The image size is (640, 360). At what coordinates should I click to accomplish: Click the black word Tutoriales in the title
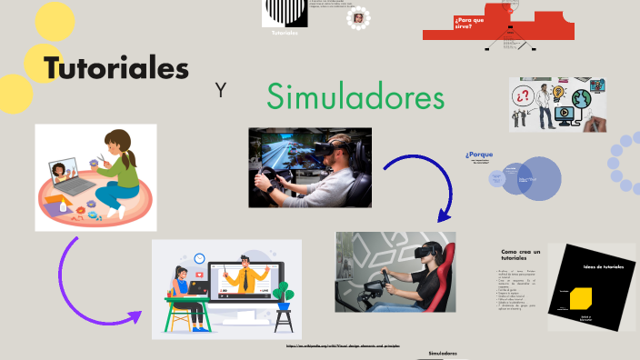tap(116, 68)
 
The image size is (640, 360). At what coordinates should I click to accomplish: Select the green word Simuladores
tap(355, 96)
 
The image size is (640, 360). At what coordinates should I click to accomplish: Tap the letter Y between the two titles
tap(220, 90)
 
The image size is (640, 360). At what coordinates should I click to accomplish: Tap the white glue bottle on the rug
tap(62, 207)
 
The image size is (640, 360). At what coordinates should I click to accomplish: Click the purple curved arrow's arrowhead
tap(134, 317)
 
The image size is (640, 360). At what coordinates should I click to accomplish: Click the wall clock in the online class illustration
tap(199, 258)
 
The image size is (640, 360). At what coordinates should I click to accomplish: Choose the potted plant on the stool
tap(285, 294)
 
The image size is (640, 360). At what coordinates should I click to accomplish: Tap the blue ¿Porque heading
tap(478, 155)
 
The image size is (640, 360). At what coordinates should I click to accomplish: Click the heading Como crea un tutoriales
tap(521, 255)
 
